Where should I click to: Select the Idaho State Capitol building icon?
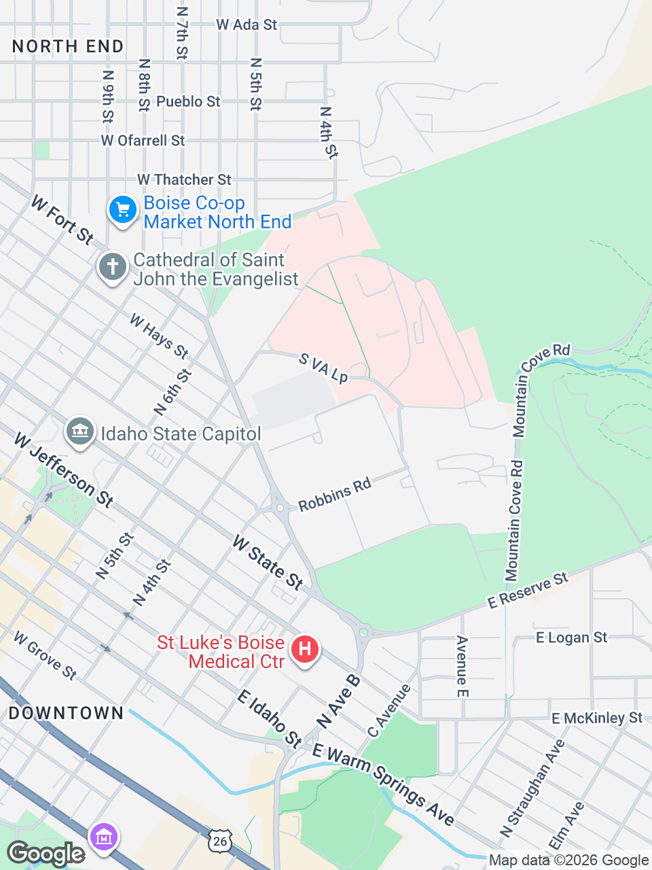pos(80,432)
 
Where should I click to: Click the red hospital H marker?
pos(305,650)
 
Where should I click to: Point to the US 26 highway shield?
pos(219,841)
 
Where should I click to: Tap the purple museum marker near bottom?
pos(104,837)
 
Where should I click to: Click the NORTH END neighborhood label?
pos(68,46)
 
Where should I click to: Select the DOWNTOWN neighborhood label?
pos(66,713)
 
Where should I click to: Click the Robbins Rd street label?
pos(335,494)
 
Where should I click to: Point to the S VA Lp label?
pos(323,368)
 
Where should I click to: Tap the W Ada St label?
pos(247,24)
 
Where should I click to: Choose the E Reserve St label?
pos(528,590)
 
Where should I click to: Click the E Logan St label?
pos(571,638)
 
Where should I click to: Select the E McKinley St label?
pos(596,718)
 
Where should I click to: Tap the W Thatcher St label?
pos(184,179)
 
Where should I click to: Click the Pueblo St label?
pos(188,101)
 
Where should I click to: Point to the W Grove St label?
pos(46,655)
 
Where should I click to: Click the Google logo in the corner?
pos(46,854)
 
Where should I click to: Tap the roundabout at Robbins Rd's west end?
pos(280,508)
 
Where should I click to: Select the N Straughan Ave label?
pos(533,788)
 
